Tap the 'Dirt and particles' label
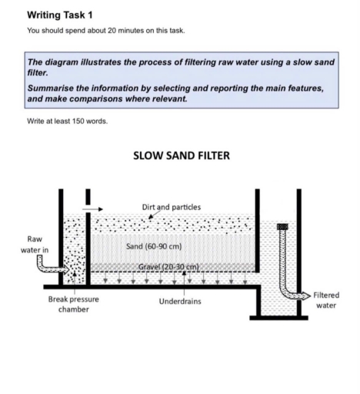[172, 207]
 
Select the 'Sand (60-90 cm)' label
[153, 246]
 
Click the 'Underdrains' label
[180, 301]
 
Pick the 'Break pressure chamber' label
[73, 304]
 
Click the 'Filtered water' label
[326, 300]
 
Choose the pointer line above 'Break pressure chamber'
[73, 289]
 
